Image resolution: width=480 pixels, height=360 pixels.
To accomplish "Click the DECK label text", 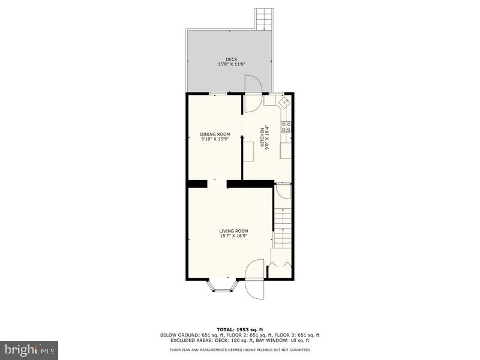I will [232, 59].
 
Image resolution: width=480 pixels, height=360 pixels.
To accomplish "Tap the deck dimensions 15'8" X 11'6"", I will [232, 64].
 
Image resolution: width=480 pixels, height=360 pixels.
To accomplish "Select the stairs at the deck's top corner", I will [264, 19].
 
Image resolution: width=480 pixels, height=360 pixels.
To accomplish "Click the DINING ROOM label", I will [215, 134].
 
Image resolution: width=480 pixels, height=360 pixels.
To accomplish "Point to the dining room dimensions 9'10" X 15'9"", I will [215, 139].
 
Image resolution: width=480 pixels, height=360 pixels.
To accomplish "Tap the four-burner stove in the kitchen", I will [287, 126].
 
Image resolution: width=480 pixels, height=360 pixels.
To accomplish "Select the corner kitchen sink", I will [286, 102].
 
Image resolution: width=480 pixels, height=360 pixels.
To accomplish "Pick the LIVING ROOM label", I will [233, 231].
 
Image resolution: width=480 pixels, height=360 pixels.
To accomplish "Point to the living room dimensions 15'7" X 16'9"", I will [233, 236].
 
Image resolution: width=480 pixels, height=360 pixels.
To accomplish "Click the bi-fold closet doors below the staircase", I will [281, 263].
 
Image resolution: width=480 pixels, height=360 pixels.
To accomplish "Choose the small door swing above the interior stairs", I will [283, 193].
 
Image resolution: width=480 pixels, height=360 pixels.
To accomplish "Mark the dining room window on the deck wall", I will [217, 94].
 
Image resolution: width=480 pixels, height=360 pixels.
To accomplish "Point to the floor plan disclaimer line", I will [240, 349].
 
